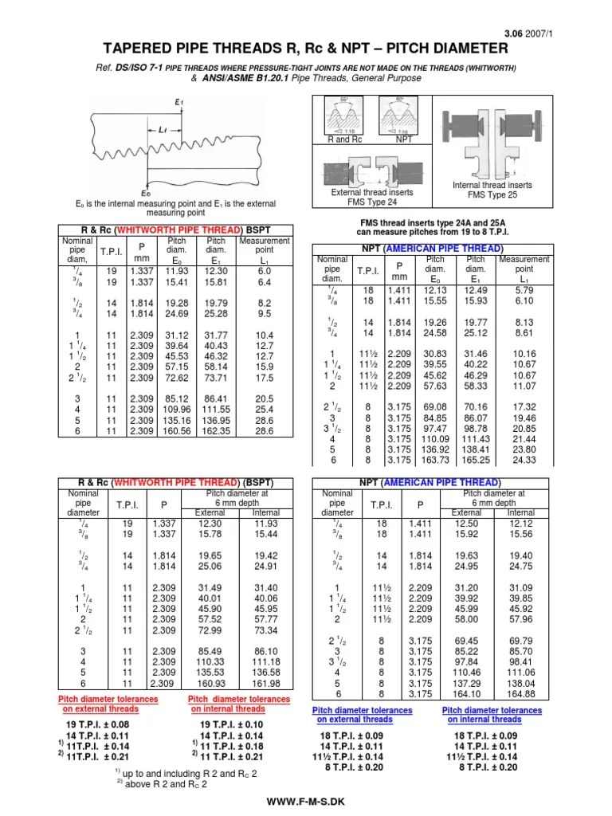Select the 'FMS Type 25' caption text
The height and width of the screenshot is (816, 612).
pyautogui.click(x=492, y=195)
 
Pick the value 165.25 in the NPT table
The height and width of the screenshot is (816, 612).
pyautogui.click(x=477, y=460)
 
